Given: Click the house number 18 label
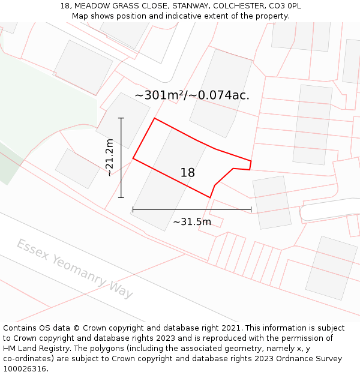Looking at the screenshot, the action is pyautogui.click(x=187, y=173).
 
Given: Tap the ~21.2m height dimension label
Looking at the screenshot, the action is pyautogui.click(x=109, y=157).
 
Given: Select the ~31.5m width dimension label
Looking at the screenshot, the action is pyautogui.click(x=192, y=222).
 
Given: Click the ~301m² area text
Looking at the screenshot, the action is pyautogui.click(x=158, y=95).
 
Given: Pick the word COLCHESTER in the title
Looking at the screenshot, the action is pyautogui.click(x=234, y=6).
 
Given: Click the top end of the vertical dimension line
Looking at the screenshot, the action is pyautogui.click(x=121, y=118).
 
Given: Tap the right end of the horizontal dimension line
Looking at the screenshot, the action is pyautogui.click(x=251, y=209).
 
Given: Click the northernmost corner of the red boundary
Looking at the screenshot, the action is pyautogui.click(x=155, y=118).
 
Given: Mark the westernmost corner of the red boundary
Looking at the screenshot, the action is pyautogui.click(x=133, y=159).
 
